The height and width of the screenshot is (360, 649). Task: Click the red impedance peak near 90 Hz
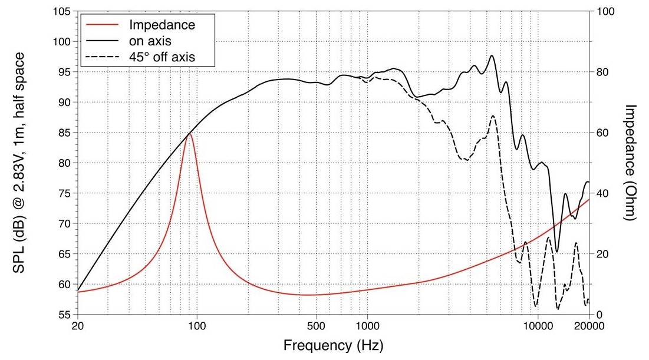(x=189, y=134)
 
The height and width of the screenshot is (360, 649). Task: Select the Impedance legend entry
(x=162, y=25)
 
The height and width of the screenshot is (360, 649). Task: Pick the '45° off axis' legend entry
(x=170, y=57)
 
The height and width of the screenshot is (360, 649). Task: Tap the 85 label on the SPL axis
(x=65, y=133)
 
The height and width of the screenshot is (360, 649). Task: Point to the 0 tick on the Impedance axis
(x=599, y=315)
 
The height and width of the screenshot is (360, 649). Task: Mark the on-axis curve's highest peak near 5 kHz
(x=492, y=56)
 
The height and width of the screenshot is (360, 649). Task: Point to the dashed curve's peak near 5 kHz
(x=493, y=117)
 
